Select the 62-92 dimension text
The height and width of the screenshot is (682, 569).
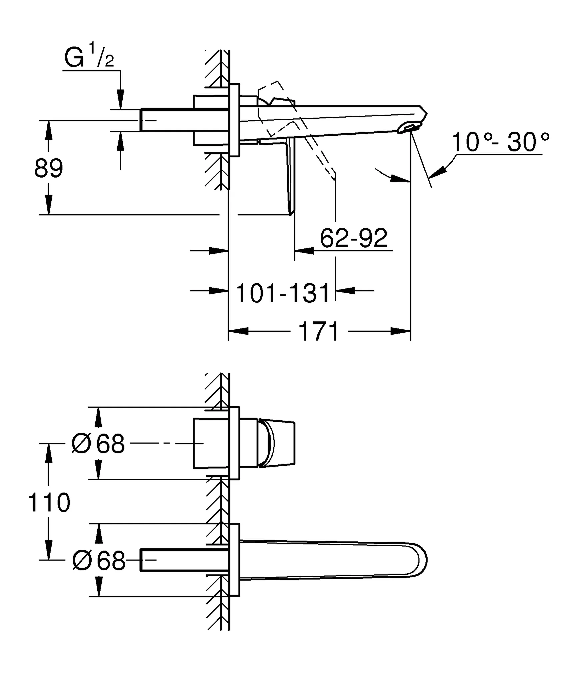pyautogui.click(x=354, y=238)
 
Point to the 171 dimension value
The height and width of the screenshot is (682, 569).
pyautogui.click(x=319, y=332)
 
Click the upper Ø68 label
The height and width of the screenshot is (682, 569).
pyautogui.click(x=98, y=443)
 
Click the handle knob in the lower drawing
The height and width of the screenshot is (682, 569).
pyautogui.click(x=277, y=443)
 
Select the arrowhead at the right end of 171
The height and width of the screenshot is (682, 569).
pyautogui.click(x=400, y=331)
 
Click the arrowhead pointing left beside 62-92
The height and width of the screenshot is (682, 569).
pyautogui.click(x=304, y=250)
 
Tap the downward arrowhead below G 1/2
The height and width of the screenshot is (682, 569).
pyautogui.click(x=121, y=99)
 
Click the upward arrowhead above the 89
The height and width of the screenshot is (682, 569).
pyautogui.click(x=49, y=130)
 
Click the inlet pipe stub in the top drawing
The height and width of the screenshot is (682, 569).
pyautogui.click(x=167, y=120)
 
